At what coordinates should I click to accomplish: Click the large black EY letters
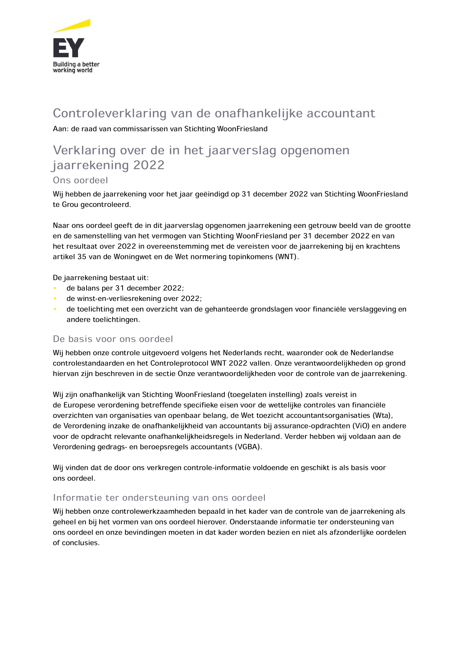(69, 48)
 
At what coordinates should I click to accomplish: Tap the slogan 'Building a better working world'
(76, 67)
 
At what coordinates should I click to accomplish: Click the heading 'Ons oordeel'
(80, 181)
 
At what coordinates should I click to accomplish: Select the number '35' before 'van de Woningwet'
(82, 257)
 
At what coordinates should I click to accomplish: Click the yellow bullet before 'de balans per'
(55, 288)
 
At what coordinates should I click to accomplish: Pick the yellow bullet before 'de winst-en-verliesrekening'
(55, 298)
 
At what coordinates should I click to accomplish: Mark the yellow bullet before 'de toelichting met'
(55, 309)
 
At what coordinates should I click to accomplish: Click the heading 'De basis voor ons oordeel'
(113, 339)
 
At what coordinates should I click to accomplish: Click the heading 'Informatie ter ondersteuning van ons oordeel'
(159, 498)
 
